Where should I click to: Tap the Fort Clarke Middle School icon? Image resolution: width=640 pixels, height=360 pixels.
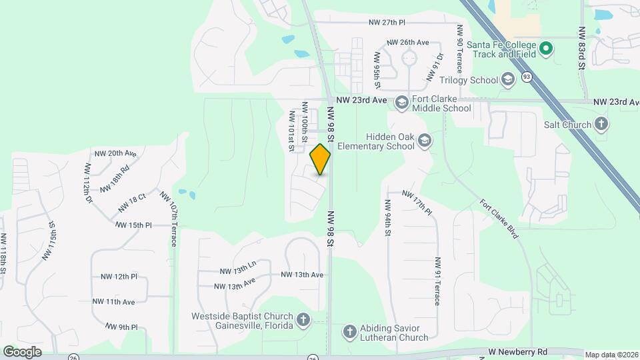[x=401, y=102]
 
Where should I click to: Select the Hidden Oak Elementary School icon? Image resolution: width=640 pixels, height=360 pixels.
[x=425, y=141]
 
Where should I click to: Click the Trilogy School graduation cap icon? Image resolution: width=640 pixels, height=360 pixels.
[x=508, y=80]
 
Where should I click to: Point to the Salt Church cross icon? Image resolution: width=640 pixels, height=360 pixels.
[x=601, y=124]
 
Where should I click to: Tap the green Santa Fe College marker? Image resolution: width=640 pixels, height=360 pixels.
[x=546, y=48]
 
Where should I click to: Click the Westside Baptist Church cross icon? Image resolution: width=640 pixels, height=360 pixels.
[x=303, y=321]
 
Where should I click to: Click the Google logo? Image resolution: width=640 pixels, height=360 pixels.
[x=22, y=351]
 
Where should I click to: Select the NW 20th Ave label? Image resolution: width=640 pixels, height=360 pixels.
[x=115, y=153]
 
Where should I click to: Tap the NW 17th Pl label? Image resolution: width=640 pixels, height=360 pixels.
[x=418, y=202]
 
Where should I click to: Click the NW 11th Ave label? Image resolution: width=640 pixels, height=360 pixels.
[x=113, y=302]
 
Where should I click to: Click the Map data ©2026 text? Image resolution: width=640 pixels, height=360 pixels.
[x=610, y=355]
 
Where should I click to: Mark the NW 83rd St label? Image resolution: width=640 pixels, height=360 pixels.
[x=582, y=49]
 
